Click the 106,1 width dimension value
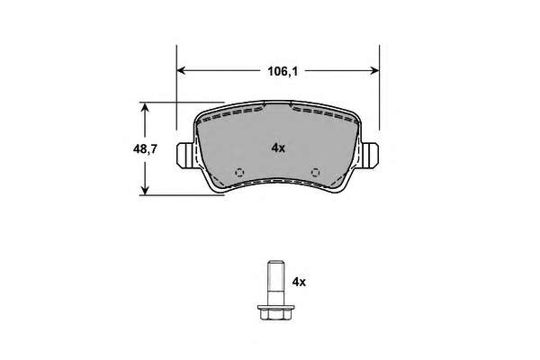(283, 72)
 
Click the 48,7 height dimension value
(145, 149)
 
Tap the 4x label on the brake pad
(278, 148)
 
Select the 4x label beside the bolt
(299, 283)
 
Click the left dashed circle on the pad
(239, 172)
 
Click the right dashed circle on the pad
(316, 172)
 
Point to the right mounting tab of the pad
(370, 156)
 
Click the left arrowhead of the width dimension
(181, 70)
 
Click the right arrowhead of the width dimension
(374, 70)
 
